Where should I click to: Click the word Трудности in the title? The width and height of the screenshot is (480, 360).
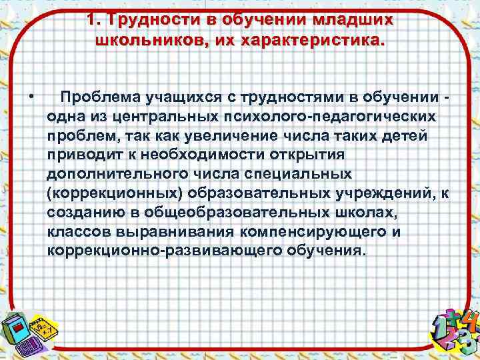tap(155, 19)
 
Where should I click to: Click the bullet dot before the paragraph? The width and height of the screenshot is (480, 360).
tap(31, 99)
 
